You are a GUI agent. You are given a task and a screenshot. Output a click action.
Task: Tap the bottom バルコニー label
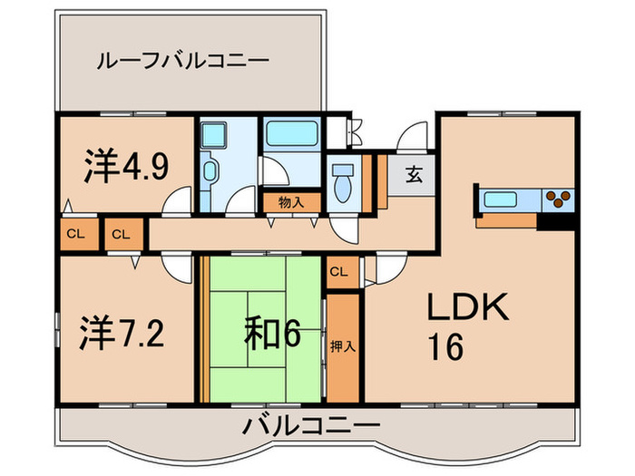310,425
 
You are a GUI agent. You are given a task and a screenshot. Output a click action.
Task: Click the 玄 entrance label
413,174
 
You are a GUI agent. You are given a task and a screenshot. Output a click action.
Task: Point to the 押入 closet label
343,345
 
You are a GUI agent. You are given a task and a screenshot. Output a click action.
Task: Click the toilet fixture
344,185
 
